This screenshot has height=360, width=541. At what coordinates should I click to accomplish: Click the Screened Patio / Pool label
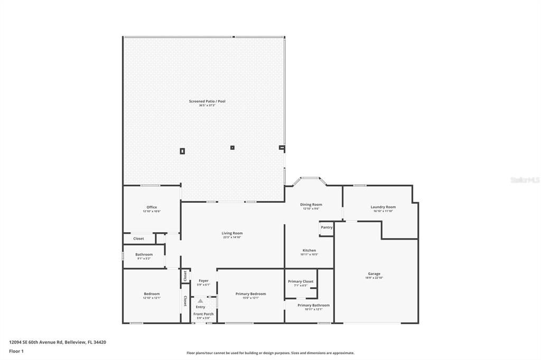click(207, 101)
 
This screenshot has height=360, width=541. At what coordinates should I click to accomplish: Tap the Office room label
click(152, 207)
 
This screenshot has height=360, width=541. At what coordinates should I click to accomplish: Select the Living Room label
click(232, 233)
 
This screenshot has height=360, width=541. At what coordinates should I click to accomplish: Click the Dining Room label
click(311, 205)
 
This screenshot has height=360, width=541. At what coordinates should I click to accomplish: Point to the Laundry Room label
click(383, 207)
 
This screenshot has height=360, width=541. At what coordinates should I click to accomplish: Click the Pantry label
click(327, 228)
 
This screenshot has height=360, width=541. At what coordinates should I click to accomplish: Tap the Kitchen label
click(309, 251)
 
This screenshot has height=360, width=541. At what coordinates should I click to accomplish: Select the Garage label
click(374, 274)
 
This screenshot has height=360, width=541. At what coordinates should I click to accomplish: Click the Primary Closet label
click(301, 282)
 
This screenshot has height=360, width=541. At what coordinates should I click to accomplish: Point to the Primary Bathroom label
click(313, 306)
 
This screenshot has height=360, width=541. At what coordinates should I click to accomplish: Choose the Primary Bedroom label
click(250, 294)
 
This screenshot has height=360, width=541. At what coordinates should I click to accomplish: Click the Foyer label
click(203, 281)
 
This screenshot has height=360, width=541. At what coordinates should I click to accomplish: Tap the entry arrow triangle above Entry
click(200, 301)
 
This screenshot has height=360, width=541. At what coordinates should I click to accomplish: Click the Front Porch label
click(203, 314)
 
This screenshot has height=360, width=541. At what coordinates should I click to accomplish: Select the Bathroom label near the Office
click(144, 255)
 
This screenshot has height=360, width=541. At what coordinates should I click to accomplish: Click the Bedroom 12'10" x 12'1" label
click(152, 294)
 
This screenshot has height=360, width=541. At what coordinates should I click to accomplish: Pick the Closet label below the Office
click(138, 239)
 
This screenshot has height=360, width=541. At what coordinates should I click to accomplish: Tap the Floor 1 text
click(16, 351)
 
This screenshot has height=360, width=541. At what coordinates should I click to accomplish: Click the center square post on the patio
click(232, 148)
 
